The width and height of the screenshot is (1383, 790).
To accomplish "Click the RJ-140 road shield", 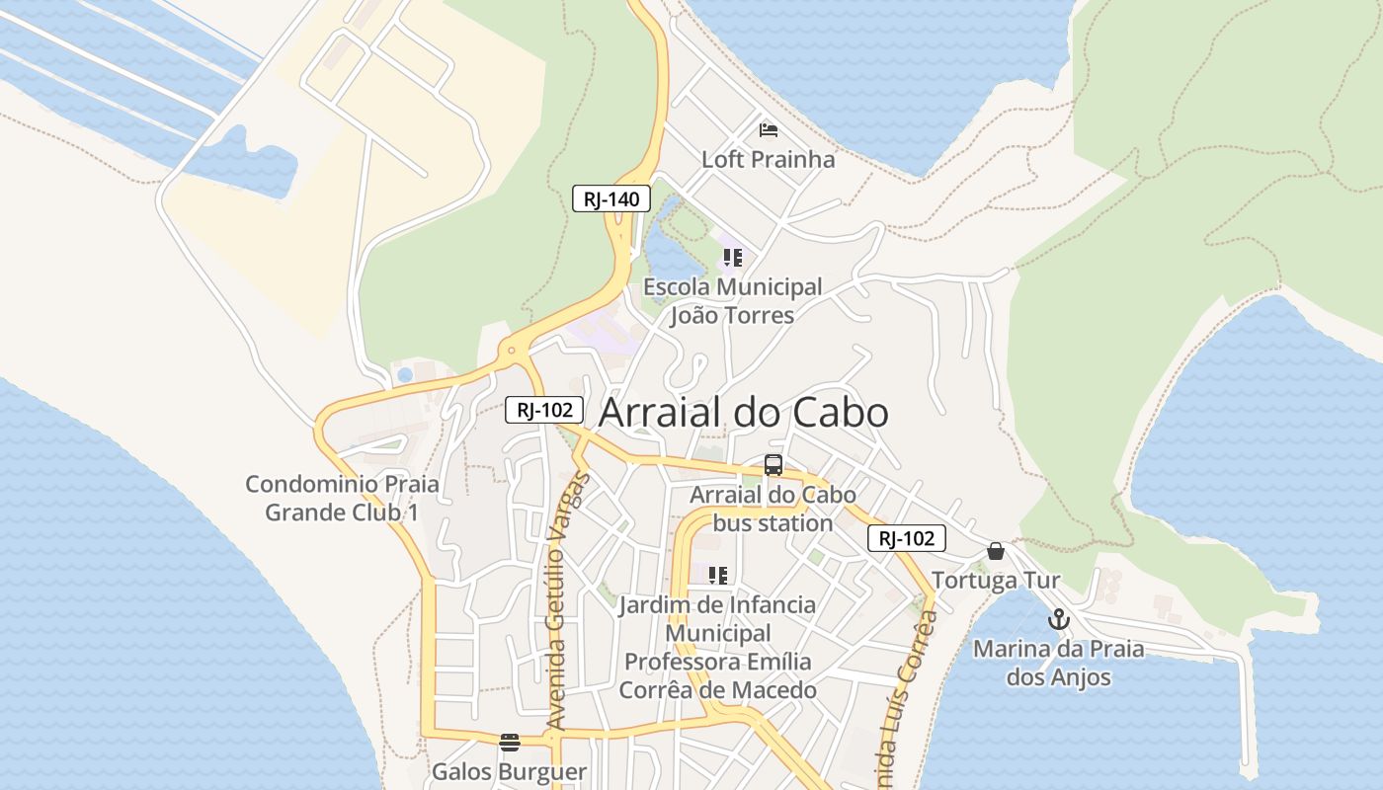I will point(611,198).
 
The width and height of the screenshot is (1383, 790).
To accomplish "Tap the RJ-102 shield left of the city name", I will point(544,410).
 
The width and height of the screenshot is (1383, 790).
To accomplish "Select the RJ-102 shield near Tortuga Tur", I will point(907,538).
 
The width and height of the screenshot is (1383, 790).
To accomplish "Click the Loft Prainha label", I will point(768,159).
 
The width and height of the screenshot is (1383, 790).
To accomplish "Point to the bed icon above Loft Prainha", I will point(768,129).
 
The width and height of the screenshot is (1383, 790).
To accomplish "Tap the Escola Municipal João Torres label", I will point(732,301).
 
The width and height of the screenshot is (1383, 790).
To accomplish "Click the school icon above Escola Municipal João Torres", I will point(732,259).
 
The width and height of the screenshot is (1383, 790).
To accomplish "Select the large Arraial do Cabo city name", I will point(744,413).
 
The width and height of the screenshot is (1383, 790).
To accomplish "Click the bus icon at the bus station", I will point(773,465).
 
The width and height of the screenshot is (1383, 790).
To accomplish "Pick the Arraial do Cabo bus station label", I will point(773,509).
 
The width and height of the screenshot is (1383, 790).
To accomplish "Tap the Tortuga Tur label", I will point(996,581).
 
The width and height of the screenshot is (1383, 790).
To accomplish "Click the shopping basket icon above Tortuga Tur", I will point(996,551).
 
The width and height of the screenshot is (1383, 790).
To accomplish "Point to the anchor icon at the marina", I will point(1059,620).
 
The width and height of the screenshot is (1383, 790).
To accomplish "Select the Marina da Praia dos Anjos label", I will point(1059,664).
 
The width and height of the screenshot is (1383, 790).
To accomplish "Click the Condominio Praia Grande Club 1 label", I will point(342,499).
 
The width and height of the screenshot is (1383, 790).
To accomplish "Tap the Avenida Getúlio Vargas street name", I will point(567,602).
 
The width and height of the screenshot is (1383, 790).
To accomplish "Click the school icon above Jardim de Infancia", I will point(718,575).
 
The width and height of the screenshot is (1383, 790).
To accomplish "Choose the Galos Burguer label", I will point(509,771).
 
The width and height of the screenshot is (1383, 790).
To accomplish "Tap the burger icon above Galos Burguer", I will point(509,743).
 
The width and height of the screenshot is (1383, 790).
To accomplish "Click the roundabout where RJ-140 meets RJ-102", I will point(511,350).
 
